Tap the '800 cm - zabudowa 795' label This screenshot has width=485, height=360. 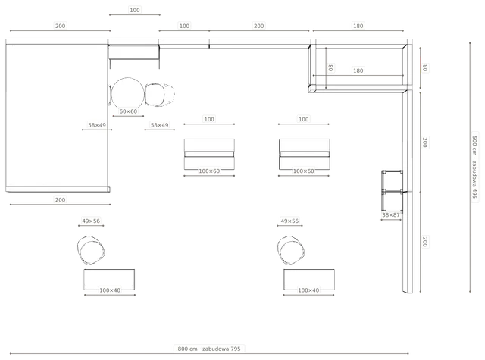(x=209, y=349)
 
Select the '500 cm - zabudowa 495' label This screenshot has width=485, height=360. (x=475, y=167)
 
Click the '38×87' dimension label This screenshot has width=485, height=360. (x=391, y=214)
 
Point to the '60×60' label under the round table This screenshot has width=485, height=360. (x=128, y=111)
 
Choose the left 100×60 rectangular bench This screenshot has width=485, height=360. (x=209, y=154)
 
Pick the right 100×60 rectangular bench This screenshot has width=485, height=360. (x=305, y=154)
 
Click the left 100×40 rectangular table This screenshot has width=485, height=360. (x=109, y=279)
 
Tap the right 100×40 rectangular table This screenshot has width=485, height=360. (x=309, y=279)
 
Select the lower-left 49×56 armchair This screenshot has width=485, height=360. (x=91, y=250)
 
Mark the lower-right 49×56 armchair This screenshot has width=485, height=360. (x=291, y=250)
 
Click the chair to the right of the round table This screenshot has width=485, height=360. (x=160, y=94)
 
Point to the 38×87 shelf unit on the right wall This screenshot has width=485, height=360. (x=393, y=192)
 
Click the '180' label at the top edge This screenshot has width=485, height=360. (x=358, y=26)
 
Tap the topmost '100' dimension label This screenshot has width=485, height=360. (x=135, y=10)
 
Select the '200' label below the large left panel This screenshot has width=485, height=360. (x=60, y=199)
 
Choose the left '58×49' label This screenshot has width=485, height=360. (x=97, y=125)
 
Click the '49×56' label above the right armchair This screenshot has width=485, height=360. (x=289, y=221)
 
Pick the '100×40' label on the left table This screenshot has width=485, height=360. (x=110, y=290)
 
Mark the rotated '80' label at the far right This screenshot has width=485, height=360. (x=425, y=67)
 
